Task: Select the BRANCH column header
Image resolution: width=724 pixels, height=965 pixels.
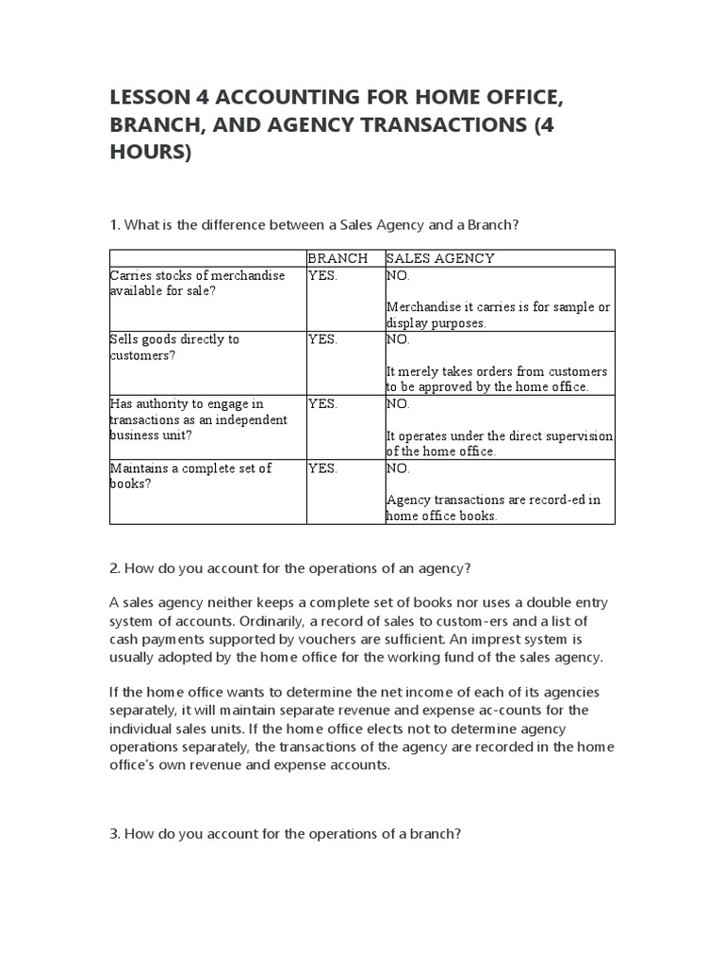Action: pyautogui.click(x=337, y=258)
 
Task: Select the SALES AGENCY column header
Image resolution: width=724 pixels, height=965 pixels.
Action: pyautogui.click(x=440, y=258)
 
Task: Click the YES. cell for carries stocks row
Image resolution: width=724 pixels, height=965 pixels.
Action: pyautogui.click(x=322, y=275)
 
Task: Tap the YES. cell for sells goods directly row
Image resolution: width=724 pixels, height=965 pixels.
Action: pyautogui.click(x=322, y=339)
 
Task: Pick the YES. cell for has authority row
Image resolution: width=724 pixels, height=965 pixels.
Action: pyautogui.click(x=322, y=403)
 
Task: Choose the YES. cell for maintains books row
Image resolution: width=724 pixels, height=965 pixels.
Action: pyautogui.click(x=322, y=467)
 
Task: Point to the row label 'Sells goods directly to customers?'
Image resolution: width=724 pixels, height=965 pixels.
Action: pyautogui.click(x=174, y=347)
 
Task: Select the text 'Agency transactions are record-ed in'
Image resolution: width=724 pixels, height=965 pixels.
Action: pyautogui.click(x=493, y=499)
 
